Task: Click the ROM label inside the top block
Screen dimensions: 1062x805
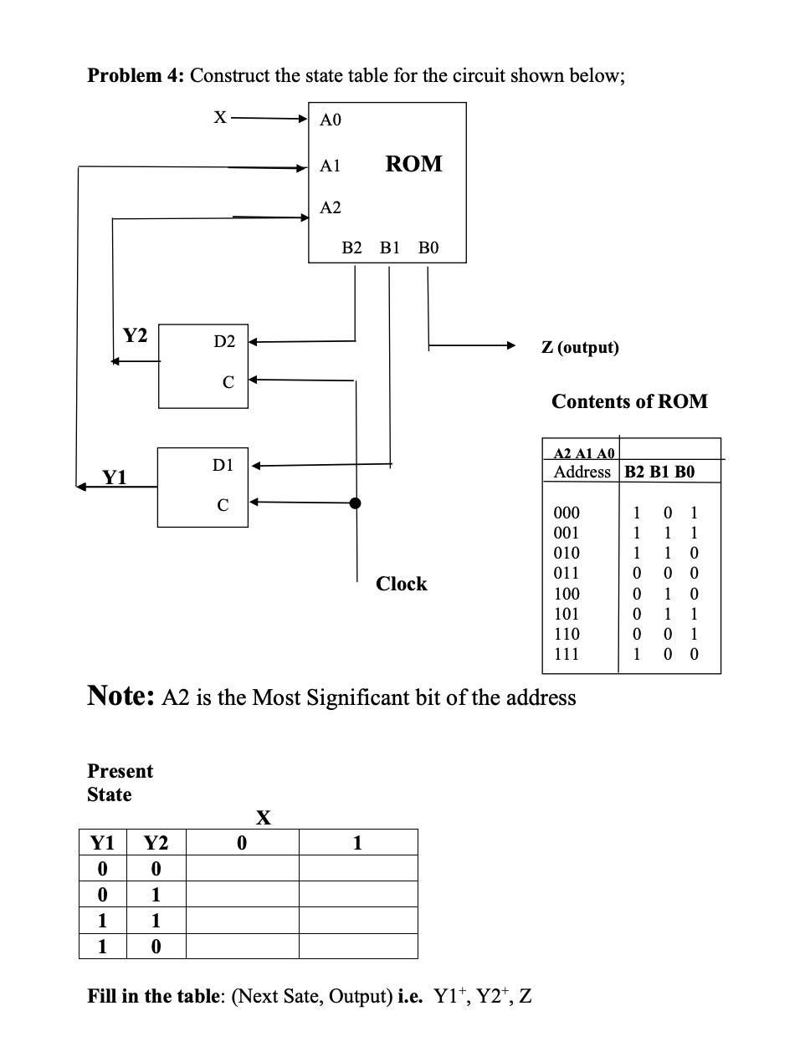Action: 413,164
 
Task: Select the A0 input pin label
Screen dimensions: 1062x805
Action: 331,120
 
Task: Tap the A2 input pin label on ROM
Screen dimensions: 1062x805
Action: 331,207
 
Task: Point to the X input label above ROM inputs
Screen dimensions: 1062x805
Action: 219,118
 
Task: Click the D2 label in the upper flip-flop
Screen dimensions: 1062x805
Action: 224,341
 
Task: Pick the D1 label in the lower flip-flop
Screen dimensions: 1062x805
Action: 223,465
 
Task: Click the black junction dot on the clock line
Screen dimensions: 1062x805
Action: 356,503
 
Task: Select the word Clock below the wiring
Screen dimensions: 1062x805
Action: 401,584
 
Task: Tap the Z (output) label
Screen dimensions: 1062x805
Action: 580,347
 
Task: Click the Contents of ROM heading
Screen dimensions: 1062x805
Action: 629,401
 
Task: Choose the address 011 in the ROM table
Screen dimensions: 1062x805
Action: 567,574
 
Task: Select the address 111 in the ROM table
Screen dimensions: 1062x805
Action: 567,654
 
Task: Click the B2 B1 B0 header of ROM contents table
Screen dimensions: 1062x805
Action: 659,472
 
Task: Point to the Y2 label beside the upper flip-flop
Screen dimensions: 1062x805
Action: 135,336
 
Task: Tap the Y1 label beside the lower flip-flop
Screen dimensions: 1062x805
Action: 115,477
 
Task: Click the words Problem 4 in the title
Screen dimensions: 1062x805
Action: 136,75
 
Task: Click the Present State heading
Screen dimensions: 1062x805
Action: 120,782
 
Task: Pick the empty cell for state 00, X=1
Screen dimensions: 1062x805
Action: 357,868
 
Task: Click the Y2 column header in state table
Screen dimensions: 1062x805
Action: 156,843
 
